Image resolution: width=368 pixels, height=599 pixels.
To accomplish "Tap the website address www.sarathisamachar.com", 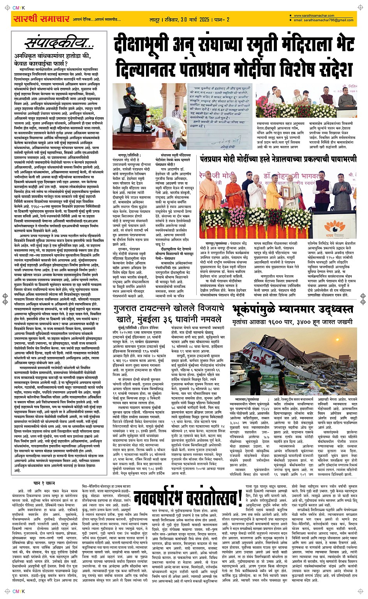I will point(314,16).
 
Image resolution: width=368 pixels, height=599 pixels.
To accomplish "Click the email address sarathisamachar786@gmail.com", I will point(323,20).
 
